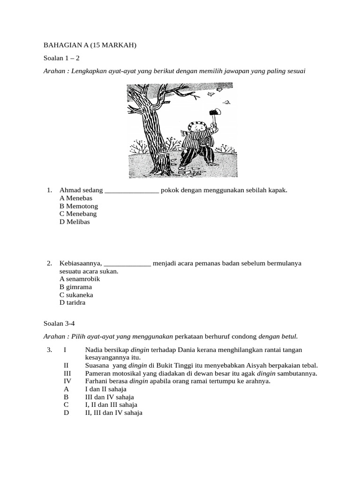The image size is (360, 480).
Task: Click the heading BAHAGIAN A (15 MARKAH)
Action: tap(90, 45)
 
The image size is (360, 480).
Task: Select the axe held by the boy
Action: tap(216, 113)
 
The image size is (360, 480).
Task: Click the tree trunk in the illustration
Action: tap(154, 127)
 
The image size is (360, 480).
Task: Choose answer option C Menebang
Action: tap(78, 214)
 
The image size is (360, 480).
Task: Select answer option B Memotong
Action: tap(79, 206)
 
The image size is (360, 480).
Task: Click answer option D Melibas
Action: tap(75, 222)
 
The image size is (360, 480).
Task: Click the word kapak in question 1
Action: tap(276, 190)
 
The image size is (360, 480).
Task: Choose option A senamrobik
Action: tap(80, 279)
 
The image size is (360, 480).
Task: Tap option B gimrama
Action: tap(75, 287)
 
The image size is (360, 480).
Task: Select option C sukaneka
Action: tap(76, 295)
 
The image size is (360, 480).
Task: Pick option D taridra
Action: tap(73, 303)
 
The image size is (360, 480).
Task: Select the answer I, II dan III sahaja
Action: tap(111, 405)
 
